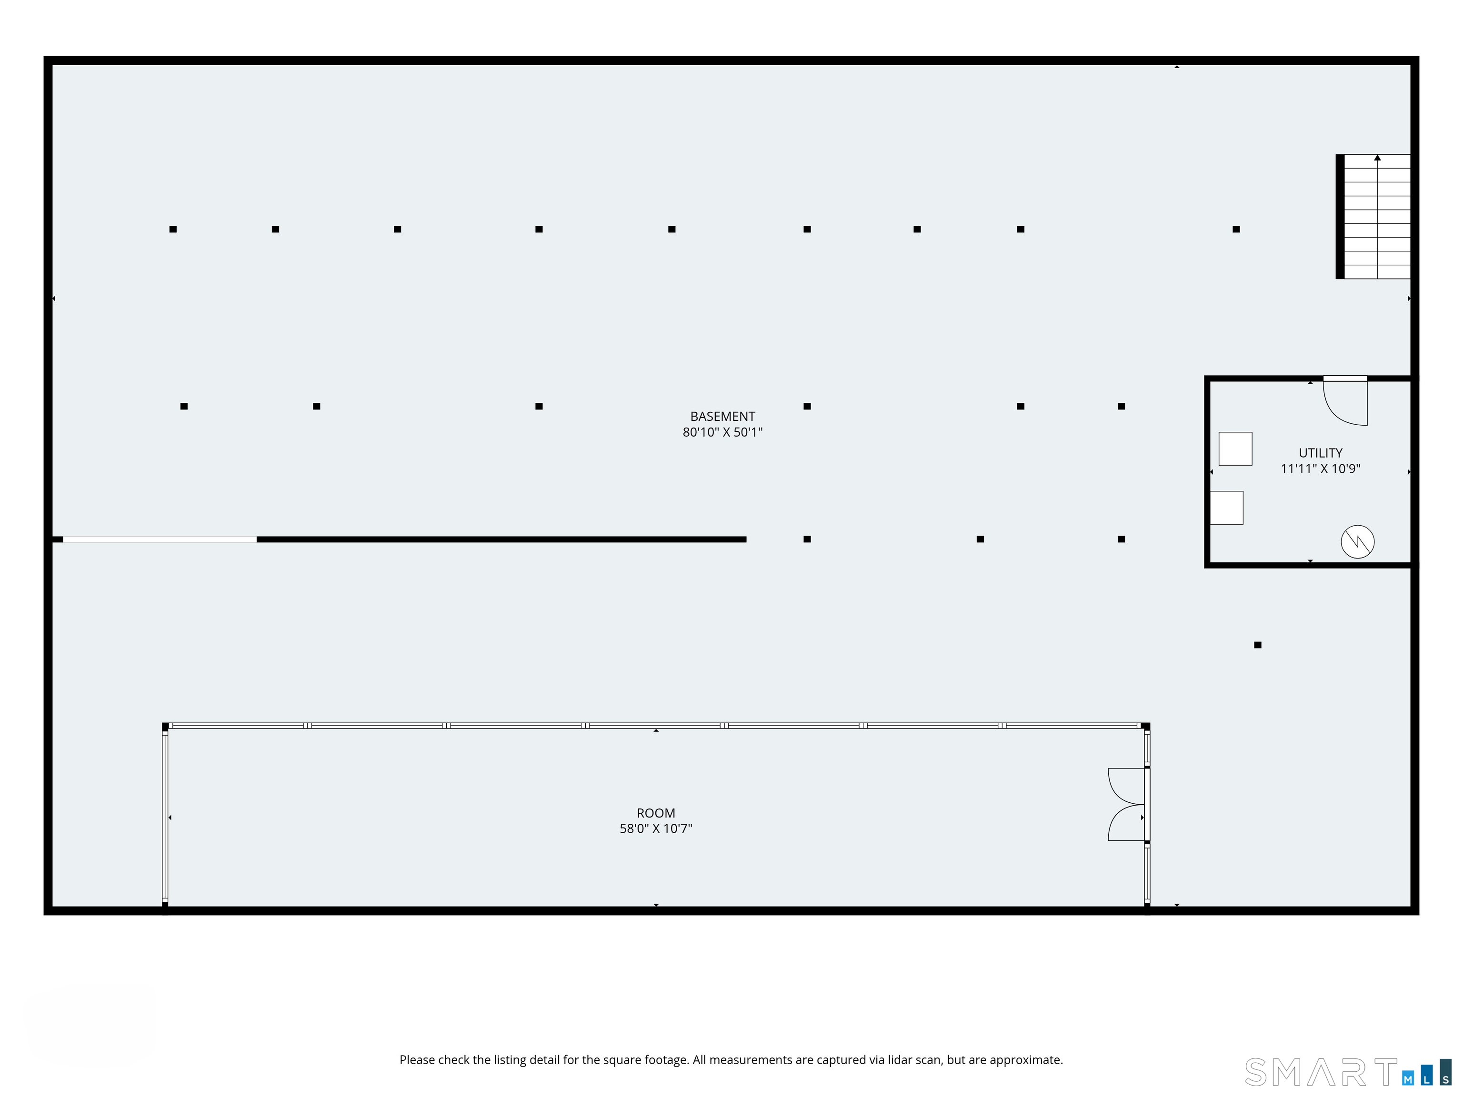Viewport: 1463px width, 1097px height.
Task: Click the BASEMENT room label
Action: coord(722,417)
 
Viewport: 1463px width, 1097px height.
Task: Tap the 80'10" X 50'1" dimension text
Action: coord(722,432)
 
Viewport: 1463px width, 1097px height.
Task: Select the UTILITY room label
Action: coord(1320,453)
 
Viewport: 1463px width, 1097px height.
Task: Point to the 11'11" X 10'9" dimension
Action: coord(1320,469)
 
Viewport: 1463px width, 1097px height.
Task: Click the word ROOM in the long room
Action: coord(655,813)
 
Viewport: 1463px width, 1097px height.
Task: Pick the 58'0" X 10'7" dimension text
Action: coord(655,828)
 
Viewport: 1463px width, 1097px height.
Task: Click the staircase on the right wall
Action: coord(1373,216)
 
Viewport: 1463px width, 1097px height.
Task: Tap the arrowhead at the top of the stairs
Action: coord(1377,158)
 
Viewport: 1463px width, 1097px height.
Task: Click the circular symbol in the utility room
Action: coord(1357,541)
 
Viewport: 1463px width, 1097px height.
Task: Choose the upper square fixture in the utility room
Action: coord(1235,449)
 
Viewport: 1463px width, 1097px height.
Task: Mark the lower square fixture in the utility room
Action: coord(1227,508)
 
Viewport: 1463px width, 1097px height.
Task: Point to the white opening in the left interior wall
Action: coord(160,539)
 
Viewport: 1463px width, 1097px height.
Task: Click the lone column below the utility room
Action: coord(1257,645)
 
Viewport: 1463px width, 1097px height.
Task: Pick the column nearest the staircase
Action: coord(1235,229)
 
